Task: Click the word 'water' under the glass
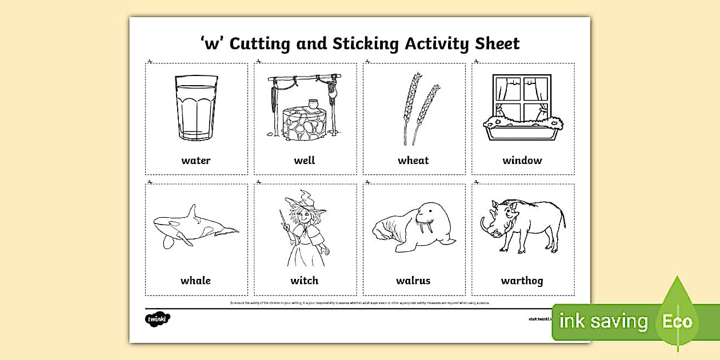[x=196, y=161]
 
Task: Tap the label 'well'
[x=305, y=161]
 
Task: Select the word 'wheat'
[x=413, y=161]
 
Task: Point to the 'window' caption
[x=522, y=161]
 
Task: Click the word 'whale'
[x=196, y=281]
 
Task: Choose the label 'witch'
[x=305, y=281]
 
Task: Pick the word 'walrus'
[x=413, y=281]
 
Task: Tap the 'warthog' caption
[x=522, y=281]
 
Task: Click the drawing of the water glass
[x=195, y=109]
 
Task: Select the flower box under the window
[x=522, y=129]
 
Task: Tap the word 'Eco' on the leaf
[x=677, y=321]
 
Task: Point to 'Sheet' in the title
[x=497, y=43]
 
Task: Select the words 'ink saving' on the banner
[x=603, y=321]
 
